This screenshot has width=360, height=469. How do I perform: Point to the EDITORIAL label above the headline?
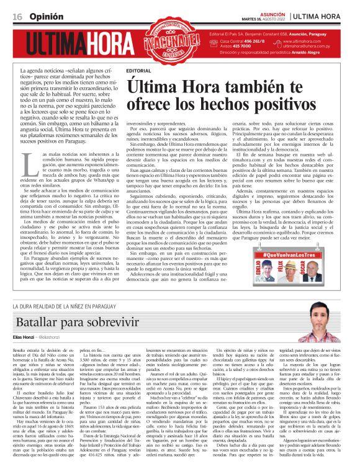138,71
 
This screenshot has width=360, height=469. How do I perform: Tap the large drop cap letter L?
28,164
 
